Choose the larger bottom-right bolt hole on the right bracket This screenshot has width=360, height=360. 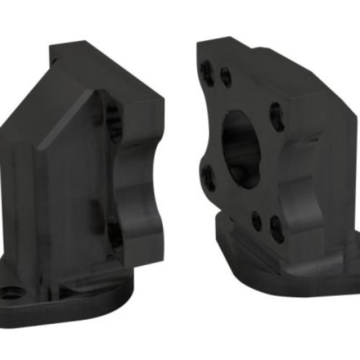point(276,229)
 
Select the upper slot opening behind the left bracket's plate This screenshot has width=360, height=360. point(112,115)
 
